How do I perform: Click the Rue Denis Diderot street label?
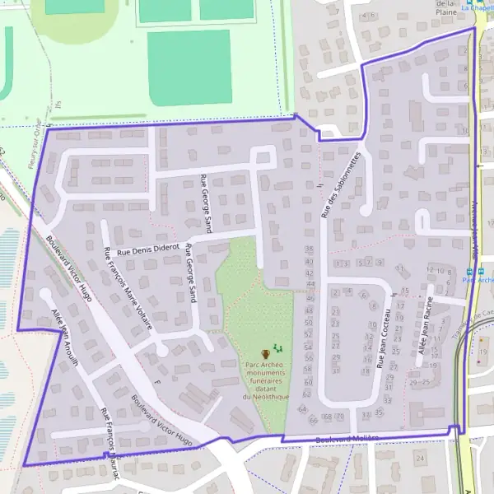(x=148, y=250)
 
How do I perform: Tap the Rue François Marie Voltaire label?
(x=127, y=287)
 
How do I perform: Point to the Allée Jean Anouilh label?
(x=64, y=340)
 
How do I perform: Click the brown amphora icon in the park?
(x=264, y=353)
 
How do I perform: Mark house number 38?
(x=309, y=248)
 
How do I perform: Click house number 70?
(x=338, y=417)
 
